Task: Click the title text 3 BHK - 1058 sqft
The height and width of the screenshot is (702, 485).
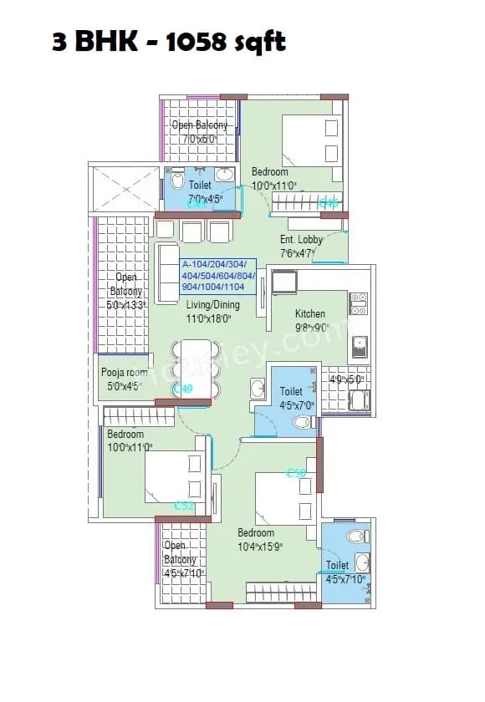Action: point(168,42)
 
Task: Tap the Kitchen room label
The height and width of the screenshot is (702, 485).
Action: point(311,314)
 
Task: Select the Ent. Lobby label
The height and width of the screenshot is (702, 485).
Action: point(301,240)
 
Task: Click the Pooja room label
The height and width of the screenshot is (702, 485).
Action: point(124,373)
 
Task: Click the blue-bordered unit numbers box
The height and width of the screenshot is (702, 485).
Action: point(218,275)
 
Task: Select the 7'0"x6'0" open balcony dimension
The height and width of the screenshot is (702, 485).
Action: point(199,139)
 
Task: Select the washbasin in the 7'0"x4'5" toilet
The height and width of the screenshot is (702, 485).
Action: point(223,175)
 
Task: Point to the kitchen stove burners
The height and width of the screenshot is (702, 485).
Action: point(358,303)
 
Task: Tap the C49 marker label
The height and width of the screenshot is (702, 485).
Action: point(183,389)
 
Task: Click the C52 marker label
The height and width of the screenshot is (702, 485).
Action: point(184,506)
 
